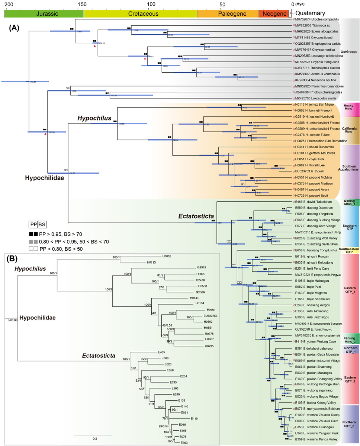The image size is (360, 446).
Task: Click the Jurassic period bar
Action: (44, 13)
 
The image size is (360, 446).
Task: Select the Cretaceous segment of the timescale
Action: (141, 13)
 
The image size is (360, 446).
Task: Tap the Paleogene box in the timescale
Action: (227, 13)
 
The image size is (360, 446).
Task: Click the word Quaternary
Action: (309, 13)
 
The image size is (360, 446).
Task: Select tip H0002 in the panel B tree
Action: (167, 256)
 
